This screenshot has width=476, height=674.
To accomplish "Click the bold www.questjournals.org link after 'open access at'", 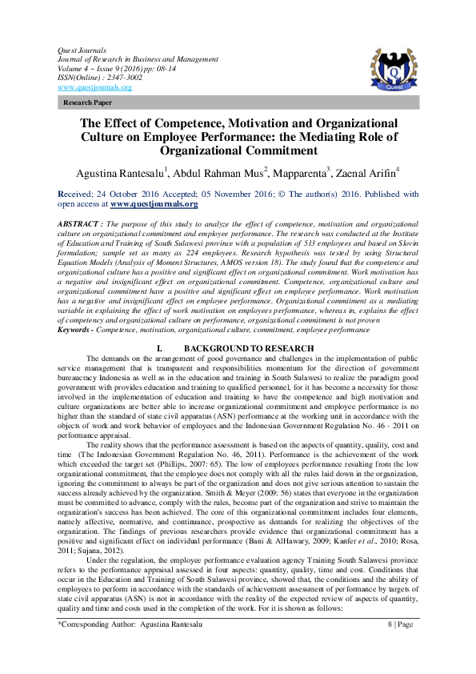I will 154,204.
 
